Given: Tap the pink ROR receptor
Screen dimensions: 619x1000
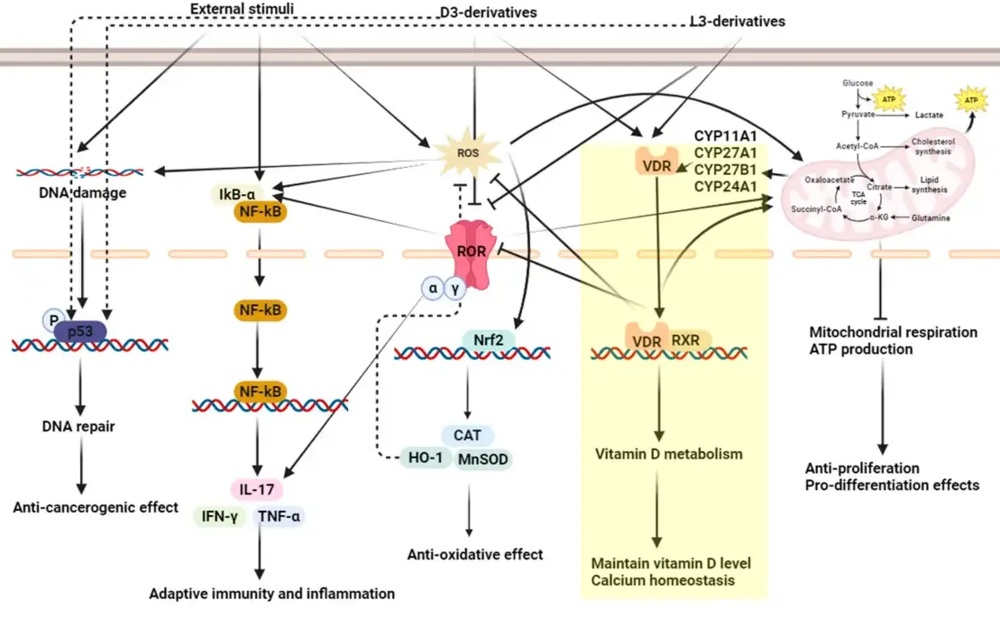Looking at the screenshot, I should [468, 252].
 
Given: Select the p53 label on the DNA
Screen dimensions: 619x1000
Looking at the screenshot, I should [82, 331].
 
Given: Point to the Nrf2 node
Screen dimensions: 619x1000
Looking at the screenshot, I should [487, 339].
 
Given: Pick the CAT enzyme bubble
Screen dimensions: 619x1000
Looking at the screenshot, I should [467, 435].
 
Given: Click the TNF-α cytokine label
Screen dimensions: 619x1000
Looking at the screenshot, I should [280, 516].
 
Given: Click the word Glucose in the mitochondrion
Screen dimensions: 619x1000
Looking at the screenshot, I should [858, 83].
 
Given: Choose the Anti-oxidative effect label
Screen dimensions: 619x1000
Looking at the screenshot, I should [474, 554].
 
